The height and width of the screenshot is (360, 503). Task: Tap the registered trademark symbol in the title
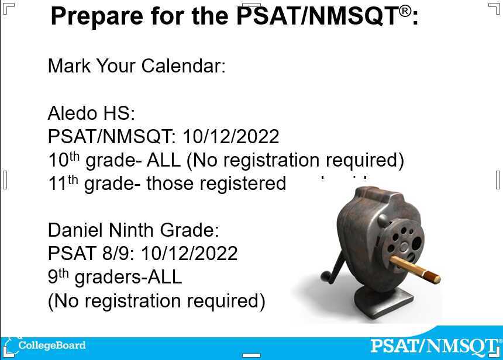click(405, 11)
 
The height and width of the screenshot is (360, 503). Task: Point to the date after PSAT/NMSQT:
click(230, 137)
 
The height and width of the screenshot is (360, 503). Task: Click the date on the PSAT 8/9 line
click(189, 254)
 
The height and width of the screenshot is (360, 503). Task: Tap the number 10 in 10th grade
click(57, 160)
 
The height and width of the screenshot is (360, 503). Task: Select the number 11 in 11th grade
click(57, 184)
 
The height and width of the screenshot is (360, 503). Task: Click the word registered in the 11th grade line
click(243, 184)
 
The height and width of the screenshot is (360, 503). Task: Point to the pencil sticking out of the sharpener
click(415, 269)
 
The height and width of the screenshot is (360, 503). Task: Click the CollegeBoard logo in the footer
click(47, 345)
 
